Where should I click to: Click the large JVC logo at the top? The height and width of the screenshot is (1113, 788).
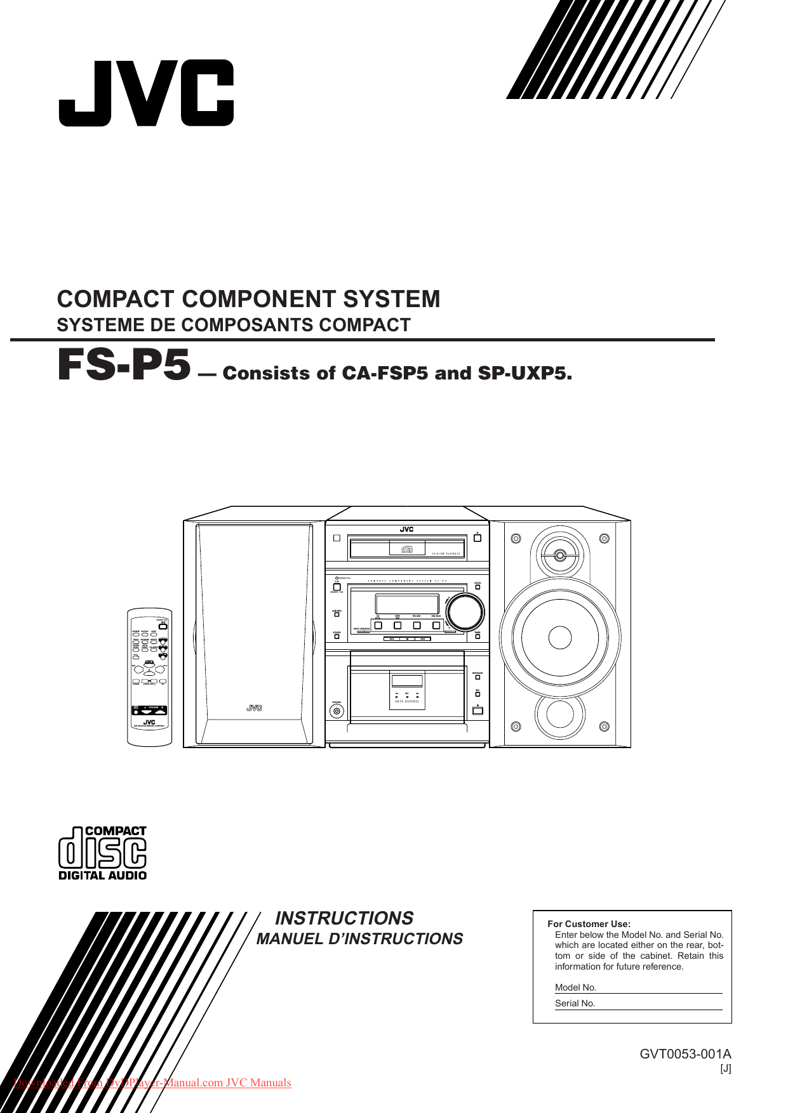coord(146,93)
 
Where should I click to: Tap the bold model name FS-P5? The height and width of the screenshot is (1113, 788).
coord(124,367)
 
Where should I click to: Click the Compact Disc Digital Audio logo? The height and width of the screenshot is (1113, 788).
coord(102,853)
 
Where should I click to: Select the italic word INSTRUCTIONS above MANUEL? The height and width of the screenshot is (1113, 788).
coord(344,918)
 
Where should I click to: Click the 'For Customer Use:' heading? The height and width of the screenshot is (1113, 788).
coord(589,924)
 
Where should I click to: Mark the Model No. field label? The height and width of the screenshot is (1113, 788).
coord(575,987)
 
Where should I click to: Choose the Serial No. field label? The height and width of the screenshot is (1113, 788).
coord(575,1003)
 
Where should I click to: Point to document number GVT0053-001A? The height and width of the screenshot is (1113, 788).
coord(685,1054)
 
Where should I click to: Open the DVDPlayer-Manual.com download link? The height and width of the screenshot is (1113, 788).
coord(152,1083)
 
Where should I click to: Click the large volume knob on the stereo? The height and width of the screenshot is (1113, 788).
coord(465,613)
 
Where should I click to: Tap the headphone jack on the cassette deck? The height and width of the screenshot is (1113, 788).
coord(337,711)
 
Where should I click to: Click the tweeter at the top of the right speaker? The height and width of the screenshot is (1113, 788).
coord(559,555)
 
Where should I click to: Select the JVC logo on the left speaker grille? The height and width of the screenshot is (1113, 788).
coord(254,708)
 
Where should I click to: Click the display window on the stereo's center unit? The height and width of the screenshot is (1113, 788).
coord(406,603)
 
